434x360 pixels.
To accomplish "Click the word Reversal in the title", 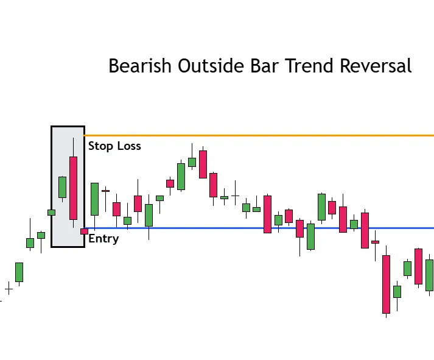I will [377, 66].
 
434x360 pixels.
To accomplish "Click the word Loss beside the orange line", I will [129, 146].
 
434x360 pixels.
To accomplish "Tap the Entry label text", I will [103, 238].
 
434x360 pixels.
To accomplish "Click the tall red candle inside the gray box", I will [73, 188].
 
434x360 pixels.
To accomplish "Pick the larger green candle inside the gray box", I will [62, 187].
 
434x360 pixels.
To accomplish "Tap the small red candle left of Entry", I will [84, 231].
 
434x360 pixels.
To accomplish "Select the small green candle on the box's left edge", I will [51, 213].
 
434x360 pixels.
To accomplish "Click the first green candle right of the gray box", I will [94, 199].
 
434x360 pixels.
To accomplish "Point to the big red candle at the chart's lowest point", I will [386, 284].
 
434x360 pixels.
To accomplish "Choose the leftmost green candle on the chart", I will [19, 272].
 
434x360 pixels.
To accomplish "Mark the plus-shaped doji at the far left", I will [9, 289].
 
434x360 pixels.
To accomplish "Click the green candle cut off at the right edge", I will [430, 275].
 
